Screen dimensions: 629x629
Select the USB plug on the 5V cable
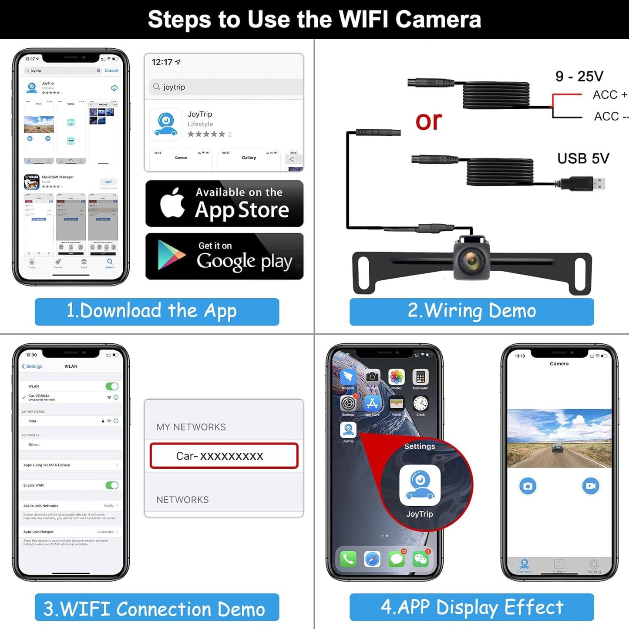tap(582, 183)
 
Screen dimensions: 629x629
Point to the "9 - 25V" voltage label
tap(579, 76)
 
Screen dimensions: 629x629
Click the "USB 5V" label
tap(583, 158)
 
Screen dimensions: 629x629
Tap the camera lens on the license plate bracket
tap(471, 261)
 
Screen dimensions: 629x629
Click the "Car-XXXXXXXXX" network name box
tap(224, 456)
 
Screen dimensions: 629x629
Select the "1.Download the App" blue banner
tap(157, 311)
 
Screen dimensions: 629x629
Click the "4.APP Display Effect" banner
tap(471, 607)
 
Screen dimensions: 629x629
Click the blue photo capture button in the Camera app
tap(528, 486)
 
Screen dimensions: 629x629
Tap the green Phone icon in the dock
tap(348, 558)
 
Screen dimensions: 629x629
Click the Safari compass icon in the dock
tap(372, 558)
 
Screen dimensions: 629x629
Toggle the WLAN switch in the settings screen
tap(112, 386)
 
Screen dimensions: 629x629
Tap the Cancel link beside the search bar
tap(111, 71)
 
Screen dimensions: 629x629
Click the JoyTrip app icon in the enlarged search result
tap(165, 124)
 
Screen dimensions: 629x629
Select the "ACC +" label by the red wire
tap(609, 95)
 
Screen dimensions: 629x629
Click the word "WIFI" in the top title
tap(363, 20)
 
